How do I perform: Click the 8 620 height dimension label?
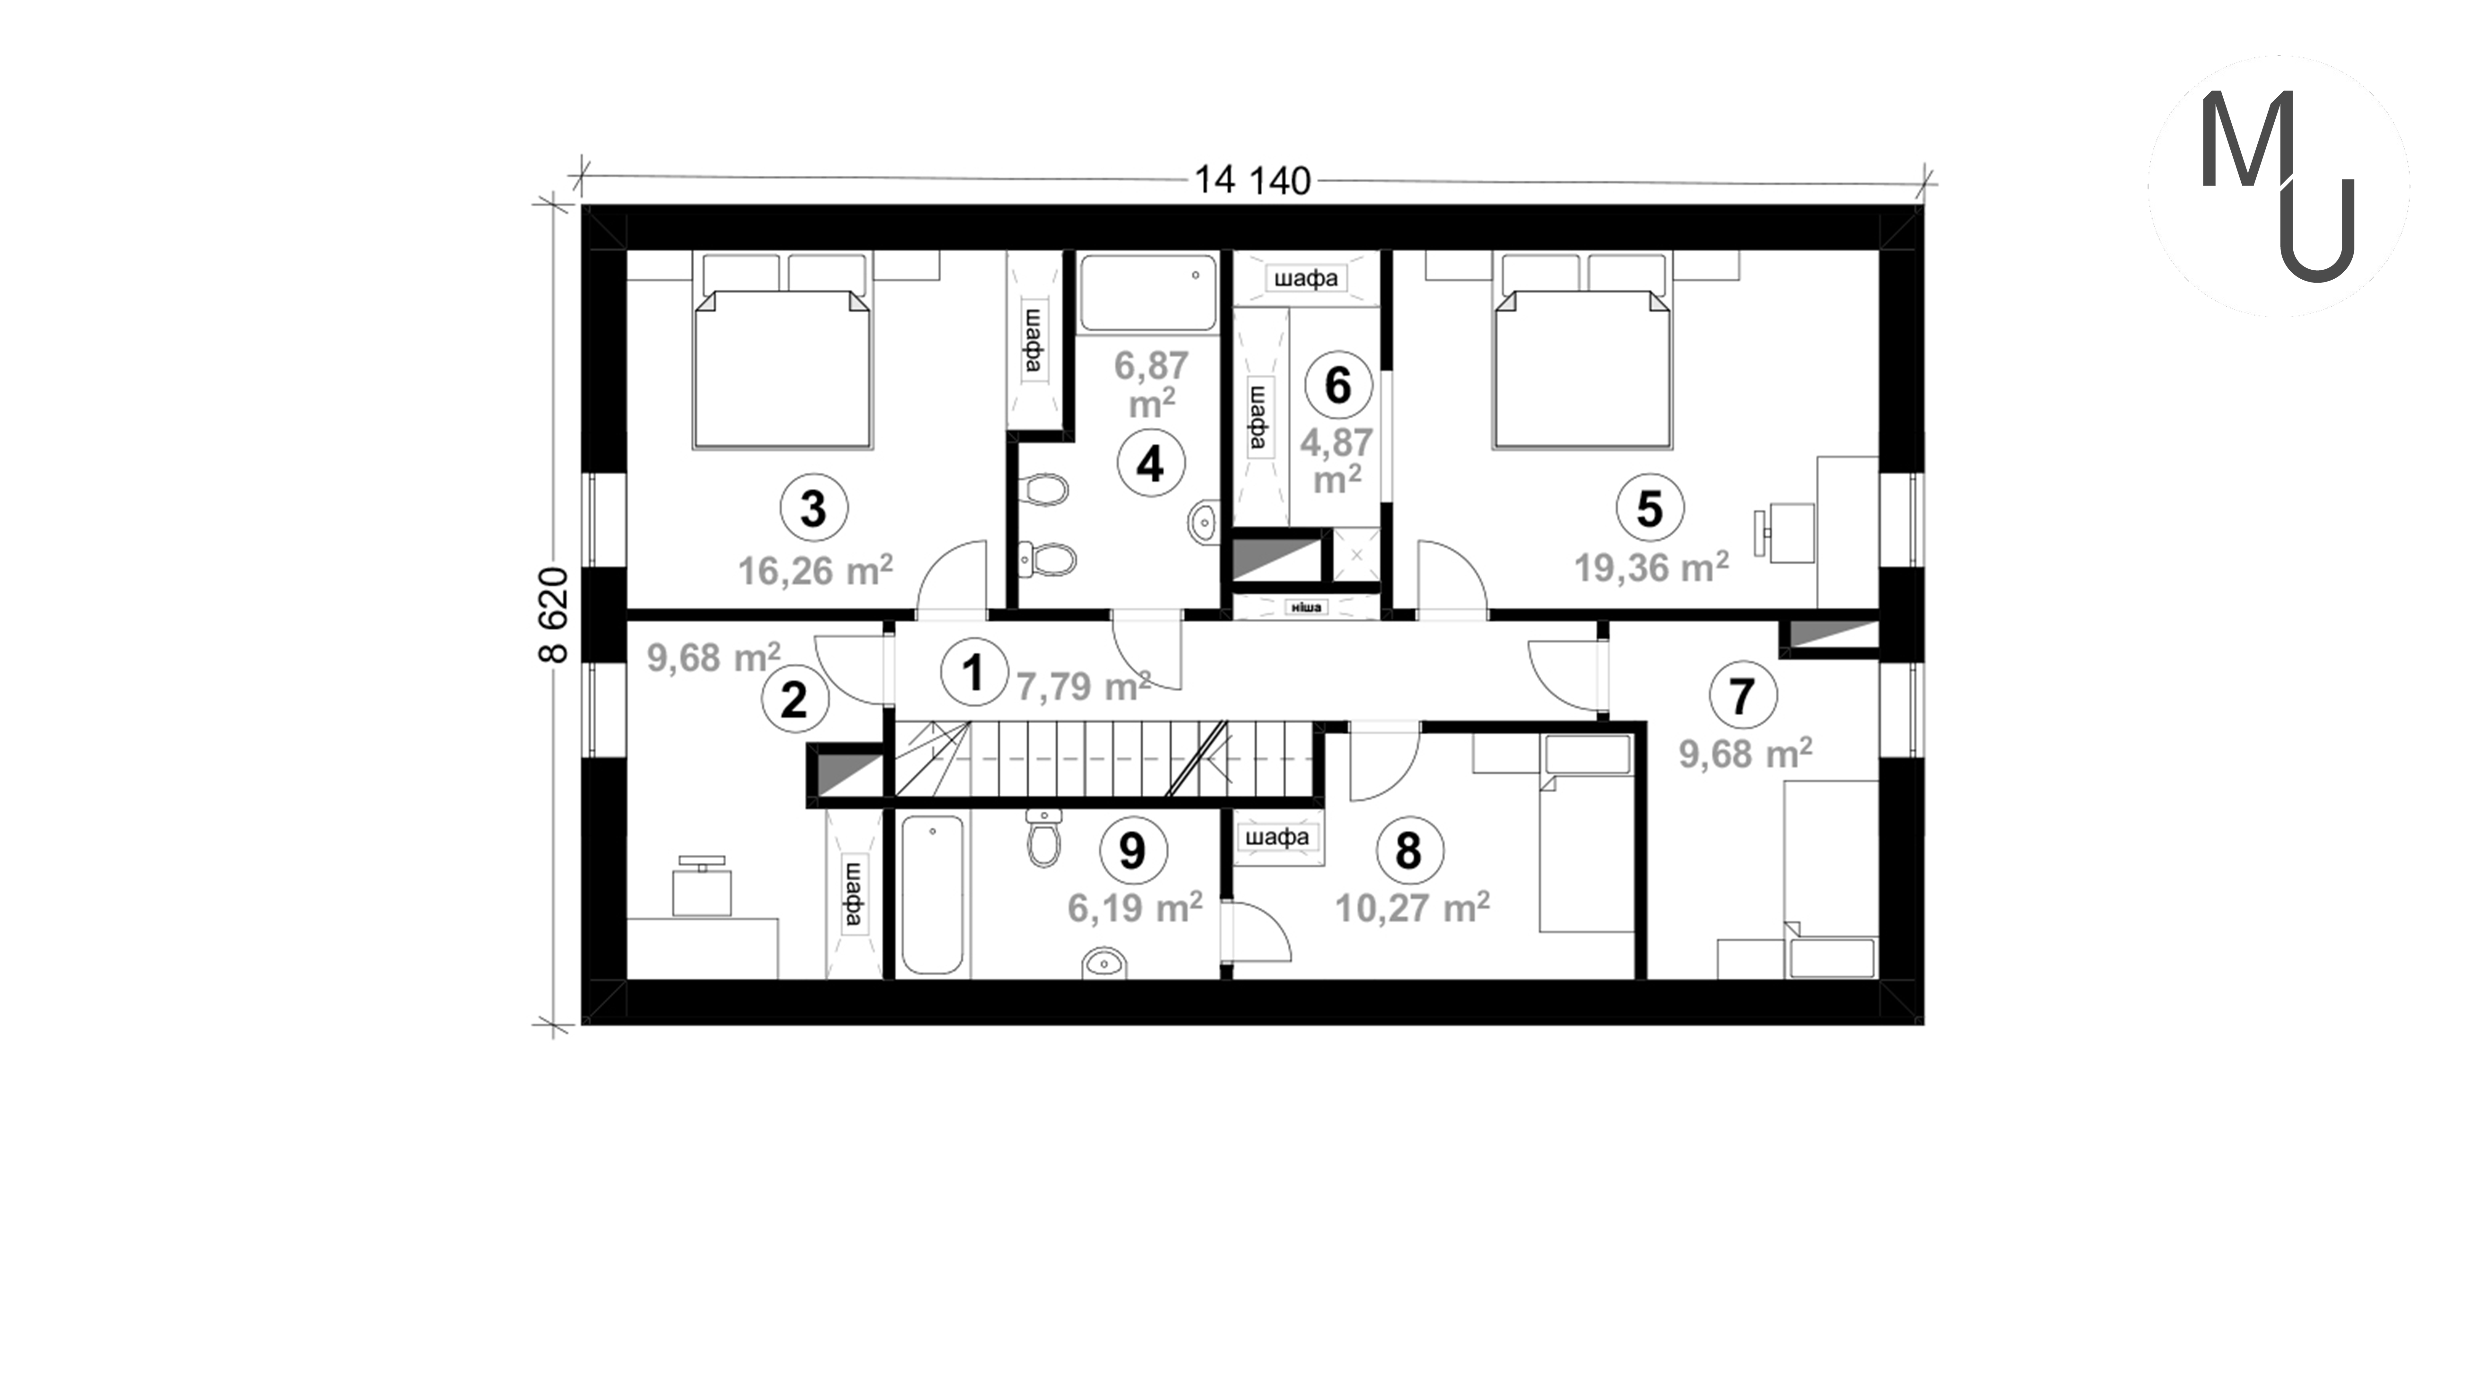(x=554, y=615)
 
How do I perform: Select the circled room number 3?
(x=813, y=508)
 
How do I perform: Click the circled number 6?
(x=1338, y=385)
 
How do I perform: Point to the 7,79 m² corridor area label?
(x=1082, y=685)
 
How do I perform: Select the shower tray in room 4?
(x=1148, y=292)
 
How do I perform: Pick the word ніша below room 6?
(x=1306, y=607)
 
